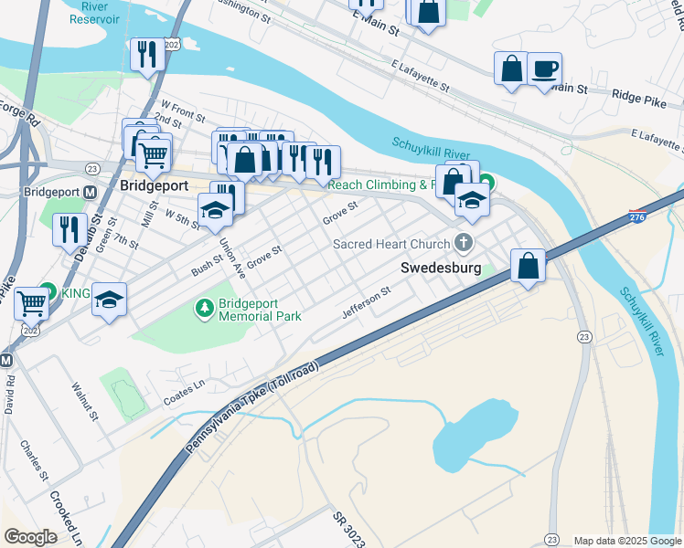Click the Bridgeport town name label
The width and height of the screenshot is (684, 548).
(155, 184)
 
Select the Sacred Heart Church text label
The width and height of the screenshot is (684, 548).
(391, 244)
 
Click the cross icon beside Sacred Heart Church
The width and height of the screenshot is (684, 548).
(465, 243)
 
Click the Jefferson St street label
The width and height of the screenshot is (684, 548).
(366, 302)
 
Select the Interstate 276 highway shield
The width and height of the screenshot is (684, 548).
(637, 217)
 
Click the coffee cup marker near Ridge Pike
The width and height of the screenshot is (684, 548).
(544, 69)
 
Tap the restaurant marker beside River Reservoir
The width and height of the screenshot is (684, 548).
(146, 54)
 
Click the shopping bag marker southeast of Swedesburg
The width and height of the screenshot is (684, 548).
(529, 266)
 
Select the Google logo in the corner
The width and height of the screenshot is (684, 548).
(31, 537)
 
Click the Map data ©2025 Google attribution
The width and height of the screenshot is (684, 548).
(626, 541)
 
